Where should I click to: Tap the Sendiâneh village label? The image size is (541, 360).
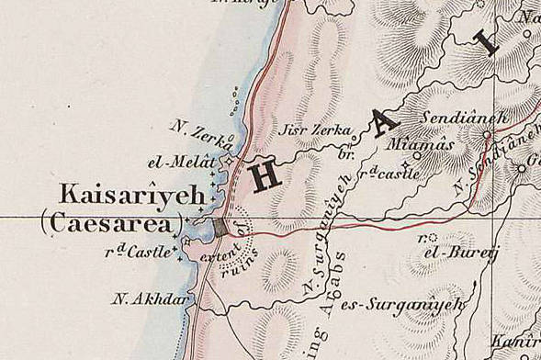(449, 119)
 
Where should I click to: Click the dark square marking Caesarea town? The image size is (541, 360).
(220, 226)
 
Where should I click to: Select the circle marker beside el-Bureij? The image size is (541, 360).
(432, 238)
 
